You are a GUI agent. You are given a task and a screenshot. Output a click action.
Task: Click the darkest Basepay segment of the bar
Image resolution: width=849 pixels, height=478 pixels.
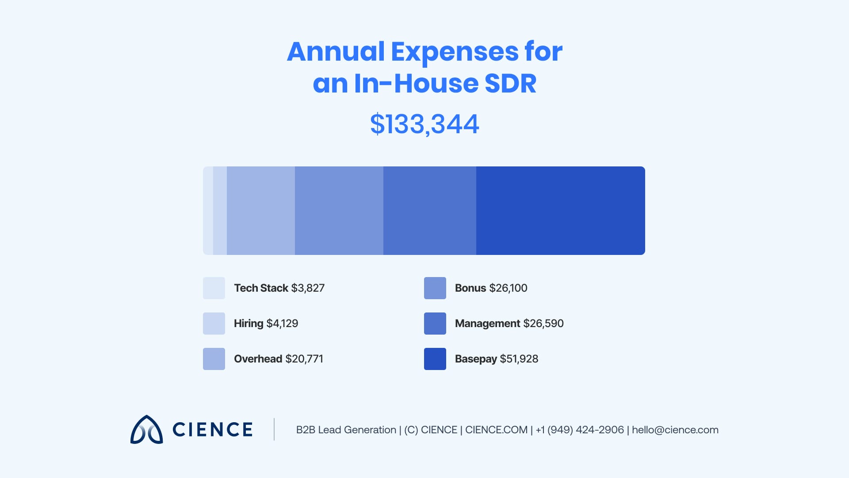560,211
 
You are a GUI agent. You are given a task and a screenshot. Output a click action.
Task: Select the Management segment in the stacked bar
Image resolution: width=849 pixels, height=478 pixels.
429,211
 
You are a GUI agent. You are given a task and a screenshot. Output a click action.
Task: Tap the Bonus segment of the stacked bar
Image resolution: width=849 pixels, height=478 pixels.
339,211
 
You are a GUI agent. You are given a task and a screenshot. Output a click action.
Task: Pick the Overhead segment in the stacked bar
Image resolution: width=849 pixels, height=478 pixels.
260,211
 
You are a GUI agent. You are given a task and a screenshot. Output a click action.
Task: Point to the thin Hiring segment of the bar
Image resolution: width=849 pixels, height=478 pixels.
220,211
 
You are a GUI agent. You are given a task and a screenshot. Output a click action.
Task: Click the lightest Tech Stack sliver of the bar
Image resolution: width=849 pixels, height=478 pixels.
208,211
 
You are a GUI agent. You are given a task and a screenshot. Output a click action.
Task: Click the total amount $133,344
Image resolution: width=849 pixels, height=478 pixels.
424,124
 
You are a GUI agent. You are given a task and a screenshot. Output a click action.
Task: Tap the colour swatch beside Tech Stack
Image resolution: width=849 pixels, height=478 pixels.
214,288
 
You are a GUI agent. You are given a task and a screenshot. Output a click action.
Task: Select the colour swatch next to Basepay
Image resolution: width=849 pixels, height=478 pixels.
435,359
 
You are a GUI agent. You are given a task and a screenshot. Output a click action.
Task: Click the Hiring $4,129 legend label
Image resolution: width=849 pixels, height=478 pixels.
266,324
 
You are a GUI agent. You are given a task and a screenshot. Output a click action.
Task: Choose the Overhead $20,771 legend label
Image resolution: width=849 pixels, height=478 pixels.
278,359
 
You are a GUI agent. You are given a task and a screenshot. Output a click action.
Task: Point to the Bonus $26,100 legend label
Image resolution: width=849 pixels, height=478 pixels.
491,288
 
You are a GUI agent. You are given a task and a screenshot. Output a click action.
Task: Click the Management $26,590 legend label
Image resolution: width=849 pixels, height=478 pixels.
509,324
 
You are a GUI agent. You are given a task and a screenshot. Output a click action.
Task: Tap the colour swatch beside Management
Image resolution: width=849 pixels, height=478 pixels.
435,324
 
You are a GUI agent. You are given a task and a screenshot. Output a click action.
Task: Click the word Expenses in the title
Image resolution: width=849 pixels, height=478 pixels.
454,52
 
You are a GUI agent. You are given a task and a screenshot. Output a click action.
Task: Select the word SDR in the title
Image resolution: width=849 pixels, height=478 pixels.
510,84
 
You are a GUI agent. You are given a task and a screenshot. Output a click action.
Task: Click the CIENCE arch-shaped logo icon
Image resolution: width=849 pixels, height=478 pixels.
146,429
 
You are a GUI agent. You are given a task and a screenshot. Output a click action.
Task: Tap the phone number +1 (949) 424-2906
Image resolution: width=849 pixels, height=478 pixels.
579,430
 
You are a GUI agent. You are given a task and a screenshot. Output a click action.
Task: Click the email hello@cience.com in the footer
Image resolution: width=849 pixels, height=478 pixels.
675,430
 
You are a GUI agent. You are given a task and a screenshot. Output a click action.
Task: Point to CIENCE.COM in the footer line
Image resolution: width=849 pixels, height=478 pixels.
496,430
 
